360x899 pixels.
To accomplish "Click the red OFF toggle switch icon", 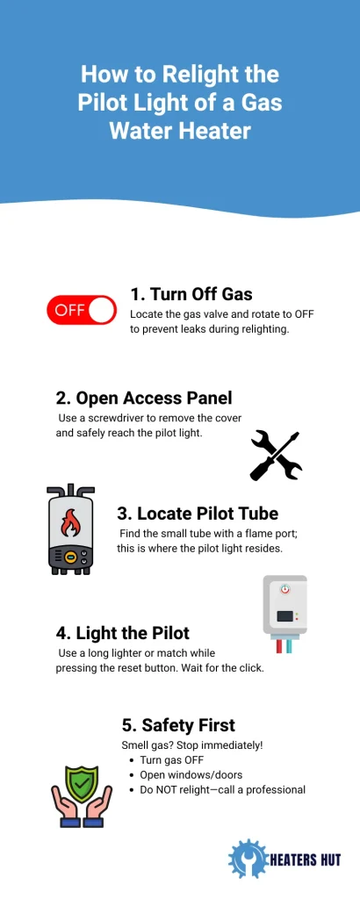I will pos(81,310).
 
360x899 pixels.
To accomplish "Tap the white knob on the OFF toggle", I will pos(102,310).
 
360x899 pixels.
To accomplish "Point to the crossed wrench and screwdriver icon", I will pos(276,456).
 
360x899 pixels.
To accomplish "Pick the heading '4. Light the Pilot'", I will pos(122,633).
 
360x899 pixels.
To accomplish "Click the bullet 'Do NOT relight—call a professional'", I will pos(222,790).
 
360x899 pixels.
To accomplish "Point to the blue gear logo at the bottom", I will pos(248,860).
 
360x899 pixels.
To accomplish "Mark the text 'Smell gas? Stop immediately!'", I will pos(191,745).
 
